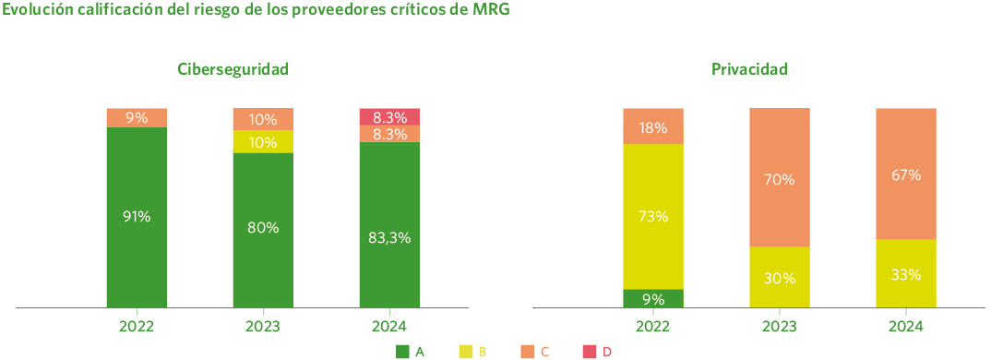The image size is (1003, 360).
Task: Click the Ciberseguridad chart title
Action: click(233, 69)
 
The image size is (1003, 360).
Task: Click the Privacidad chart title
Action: click(749, 69)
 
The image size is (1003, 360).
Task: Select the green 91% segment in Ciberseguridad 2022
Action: click(137, 216)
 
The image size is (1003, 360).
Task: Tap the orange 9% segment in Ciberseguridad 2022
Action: click(137, 117)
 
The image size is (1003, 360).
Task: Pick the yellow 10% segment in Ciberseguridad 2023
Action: click(263, 141)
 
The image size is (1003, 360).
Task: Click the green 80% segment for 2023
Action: click(263, 228)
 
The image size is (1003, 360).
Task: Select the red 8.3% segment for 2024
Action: click(389, 116)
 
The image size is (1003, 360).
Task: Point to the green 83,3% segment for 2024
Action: click(389, 236)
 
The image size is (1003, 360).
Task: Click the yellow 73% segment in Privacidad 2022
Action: click(653, 216)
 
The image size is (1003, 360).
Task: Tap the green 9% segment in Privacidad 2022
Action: click(653, 298)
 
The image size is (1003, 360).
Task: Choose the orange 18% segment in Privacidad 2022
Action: click(653, 126)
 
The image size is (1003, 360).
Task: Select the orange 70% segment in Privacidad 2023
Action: click(780, 178)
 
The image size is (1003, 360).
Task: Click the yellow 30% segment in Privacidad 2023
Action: click(780, 277)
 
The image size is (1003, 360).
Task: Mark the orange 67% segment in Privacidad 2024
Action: click(906, 174)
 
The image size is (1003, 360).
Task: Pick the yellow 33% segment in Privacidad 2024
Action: click(906, 273)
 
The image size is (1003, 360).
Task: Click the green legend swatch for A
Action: click(402, 351)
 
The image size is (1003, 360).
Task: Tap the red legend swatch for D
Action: click(591, 351)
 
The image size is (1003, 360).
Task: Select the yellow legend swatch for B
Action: click(466, 351)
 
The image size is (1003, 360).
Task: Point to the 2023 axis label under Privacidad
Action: click(780, 327)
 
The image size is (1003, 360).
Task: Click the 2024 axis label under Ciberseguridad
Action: click(389, 327)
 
